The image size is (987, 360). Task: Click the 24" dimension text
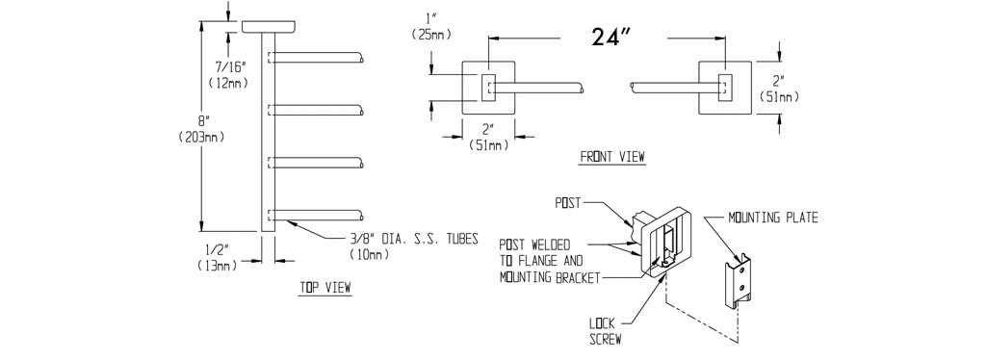point(611,37)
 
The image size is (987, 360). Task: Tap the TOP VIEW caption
point(325,288)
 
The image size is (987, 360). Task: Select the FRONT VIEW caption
point(612,157)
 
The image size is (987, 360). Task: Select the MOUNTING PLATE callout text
point(773,218)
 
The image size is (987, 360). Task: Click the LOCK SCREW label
point(606,332)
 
